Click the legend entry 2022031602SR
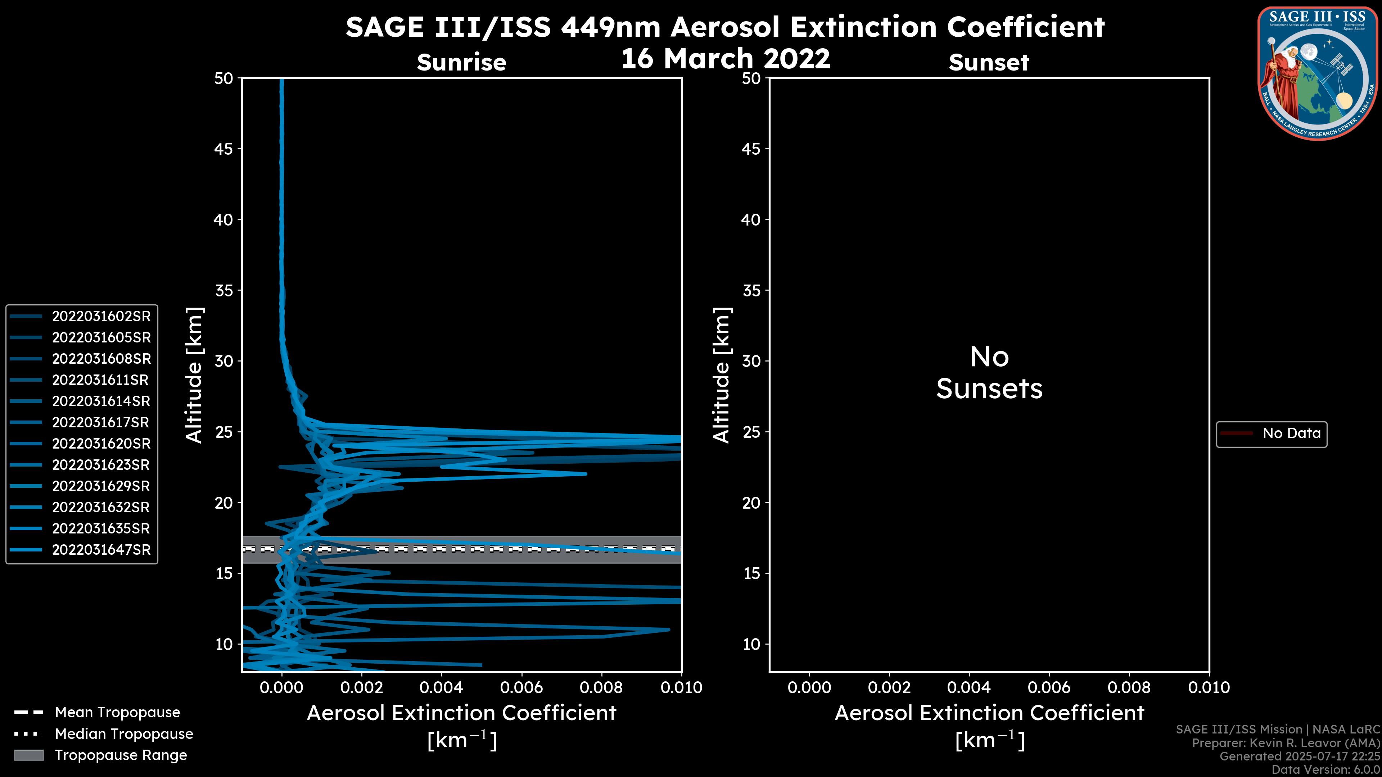[x=101, y=317]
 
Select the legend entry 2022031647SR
[x=101, y=550]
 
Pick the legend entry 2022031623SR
[x=101, y=465]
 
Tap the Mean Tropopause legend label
[x=117, y=712]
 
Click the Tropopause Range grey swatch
[x=28, y=755]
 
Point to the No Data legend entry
[x=1291, y=433]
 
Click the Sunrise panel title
[x=461, y=63]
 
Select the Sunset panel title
[x=989, y=63]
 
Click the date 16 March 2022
[x=725, y=58]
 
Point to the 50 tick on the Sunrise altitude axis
[x=224, y=78]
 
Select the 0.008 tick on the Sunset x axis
[x=1129, y=687]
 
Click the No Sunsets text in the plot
[x=989, y=373]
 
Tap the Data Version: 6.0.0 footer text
[x=1325, y=769]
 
